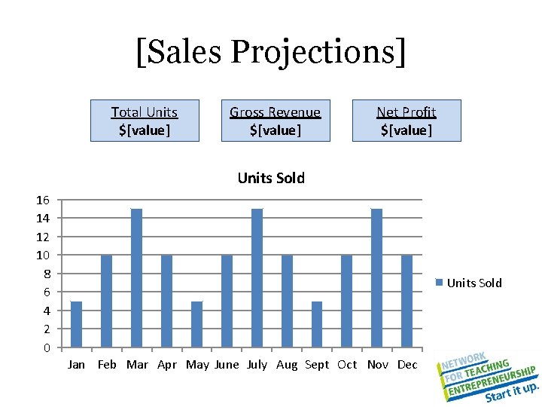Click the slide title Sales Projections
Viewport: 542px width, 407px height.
click(271, 52)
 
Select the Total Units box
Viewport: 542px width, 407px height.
click(145, 121)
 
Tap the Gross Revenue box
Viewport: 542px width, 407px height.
click(276, 121)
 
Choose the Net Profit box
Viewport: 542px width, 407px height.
click(406, 121)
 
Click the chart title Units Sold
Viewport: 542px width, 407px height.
click(271, 178)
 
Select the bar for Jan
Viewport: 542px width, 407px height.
click(76, 324)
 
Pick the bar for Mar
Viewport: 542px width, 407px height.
click(136, 278)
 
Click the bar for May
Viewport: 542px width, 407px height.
click(196, 324)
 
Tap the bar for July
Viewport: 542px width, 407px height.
click(257, 278)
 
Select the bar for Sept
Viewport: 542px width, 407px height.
click(317, 324)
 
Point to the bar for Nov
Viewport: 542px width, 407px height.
click(377, 278)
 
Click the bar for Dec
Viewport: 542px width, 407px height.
click(407, 301)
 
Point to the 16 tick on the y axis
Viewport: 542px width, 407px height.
click(43, 200)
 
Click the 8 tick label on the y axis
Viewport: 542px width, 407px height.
click(46, 273)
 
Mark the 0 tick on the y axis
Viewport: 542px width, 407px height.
click(46, 347)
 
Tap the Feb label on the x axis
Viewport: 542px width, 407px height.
click(107, 365)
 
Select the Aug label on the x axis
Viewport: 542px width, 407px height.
click(287, 365)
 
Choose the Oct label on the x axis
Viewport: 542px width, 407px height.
click(347, 365)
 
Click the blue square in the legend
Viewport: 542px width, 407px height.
click(440, 283)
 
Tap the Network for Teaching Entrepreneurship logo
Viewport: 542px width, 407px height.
click(488, 375)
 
